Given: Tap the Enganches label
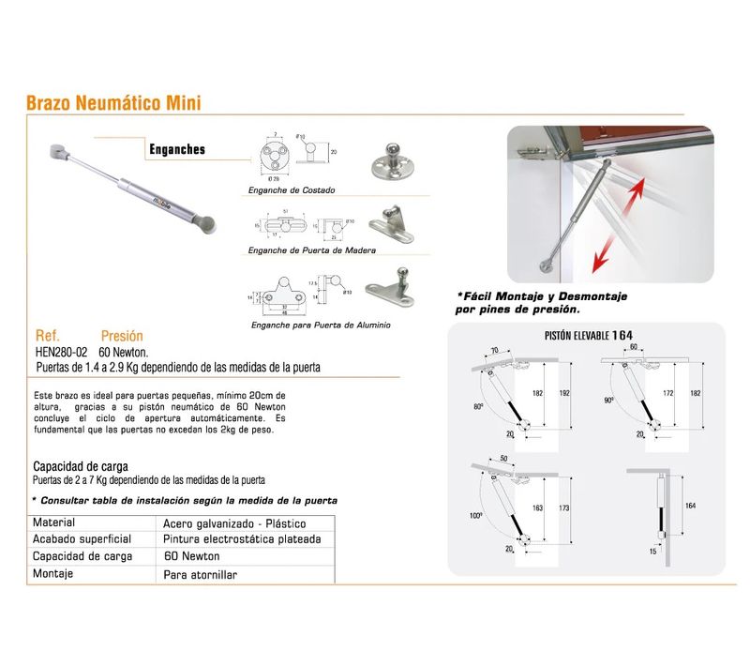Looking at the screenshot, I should click(x=177, y=149).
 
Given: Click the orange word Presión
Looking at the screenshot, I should click(x=123, y=336).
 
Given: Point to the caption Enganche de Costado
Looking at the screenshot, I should click(x=292, y=190).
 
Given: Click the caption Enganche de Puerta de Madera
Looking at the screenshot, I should click(x=311, y=251).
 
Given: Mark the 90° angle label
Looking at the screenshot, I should click(x=609, y=400).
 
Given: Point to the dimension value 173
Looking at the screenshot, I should click(x=562, y=507).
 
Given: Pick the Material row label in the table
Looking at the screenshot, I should click(x=54, y=522).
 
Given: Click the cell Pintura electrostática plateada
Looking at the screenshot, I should click(x=242, y=539).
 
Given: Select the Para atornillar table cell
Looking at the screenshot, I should click(x=201, y=573).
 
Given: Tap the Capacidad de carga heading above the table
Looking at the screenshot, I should click(x=81, y=466).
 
